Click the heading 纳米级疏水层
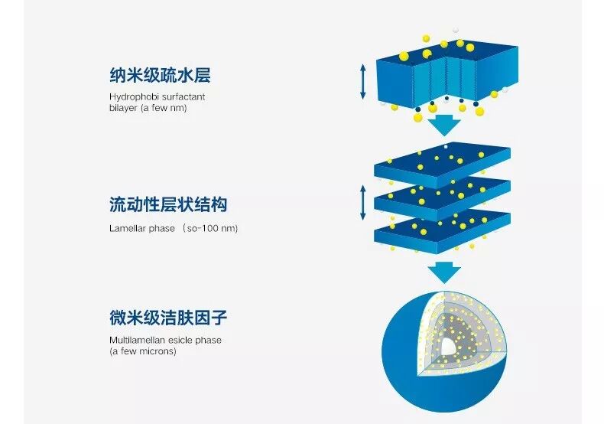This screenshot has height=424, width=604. (159, 76)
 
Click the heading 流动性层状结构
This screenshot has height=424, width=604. (168, 205)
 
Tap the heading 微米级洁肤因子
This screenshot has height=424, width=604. (168, 316)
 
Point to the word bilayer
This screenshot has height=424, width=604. (123, 108)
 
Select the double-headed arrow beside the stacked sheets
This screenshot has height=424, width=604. (363, 201)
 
